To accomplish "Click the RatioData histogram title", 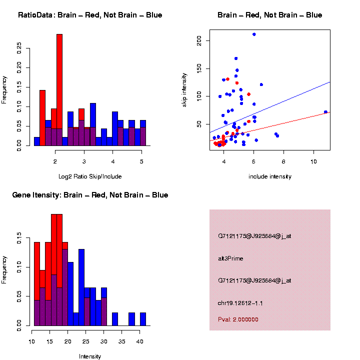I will [x=90, y=15].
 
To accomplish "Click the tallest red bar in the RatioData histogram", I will [x=59, y=80].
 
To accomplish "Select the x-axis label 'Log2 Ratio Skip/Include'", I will [x=90, y=176].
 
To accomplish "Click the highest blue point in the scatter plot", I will [x=254, y=34].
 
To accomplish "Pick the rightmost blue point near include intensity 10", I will [x=325, y=112].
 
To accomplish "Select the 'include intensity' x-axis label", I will [x=270, y=176].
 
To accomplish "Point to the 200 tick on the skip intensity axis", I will [x=206, y=40].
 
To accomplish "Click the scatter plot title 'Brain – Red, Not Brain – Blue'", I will [x=270, y=15].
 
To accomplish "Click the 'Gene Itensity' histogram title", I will [x=90, y=195].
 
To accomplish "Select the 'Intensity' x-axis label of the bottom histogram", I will [x=90, y=356].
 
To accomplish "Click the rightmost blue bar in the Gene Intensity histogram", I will [x=143, y=319].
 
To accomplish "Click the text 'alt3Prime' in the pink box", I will [x=230, y=258].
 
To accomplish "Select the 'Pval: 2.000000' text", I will [x=238, y=319].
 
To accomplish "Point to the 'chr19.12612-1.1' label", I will [x=240, y=303].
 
